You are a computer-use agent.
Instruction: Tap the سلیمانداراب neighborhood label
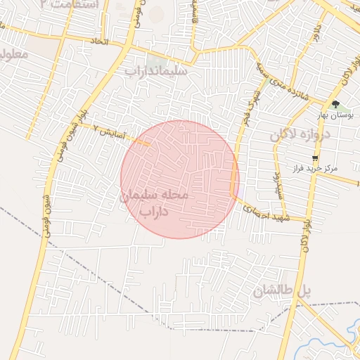[155, 70]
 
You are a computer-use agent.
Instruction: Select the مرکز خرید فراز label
[334, 169]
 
